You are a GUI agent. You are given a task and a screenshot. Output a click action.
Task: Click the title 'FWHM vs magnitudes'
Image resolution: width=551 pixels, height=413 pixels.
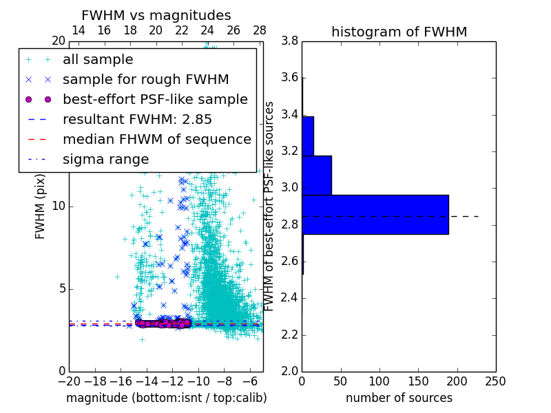coord(156,15)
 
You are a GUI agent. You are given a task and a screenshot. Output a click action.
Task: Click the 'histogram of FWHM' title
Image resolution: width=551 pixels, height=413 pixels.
coord(399,32)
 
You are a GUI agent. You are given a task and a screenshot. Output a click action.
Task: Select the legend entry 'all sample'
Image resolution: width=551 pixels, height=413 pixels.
coord(98,60)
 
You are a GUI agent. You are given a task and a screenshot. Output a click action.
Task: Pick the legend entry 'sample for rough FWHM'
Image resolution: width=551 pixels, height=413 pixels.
coord(145,80)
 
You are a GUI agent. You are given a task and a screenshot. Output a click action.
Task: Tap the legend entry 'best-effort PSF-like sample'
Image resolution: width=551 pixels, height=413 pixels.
coord(155,100)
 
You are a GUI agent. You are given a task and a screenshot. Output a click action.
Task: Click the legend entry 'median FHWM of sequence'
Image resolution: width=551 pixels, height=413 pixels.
coord(156,140)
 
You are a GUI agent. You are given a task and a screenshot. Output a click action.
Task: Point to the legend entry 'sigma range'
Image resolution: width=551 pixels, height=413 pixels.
coord(105,160)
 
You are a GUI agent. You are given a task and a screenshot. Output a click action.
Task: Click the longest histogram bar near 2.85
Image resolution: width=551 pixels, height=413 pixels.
coord(375,214)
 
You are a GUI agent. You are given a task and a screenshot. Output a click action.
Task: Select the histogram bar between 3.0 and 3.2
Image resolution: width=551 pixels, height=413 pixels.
coord(317,175)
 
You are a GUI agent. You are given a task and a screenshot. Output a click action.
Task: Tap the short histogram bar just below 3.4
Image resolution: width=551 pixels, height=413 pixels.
coord(308,136)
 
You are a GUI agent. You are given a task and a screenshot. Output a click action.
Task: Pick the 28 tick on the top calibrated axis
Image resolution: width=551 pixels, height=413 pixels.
coord(260,30)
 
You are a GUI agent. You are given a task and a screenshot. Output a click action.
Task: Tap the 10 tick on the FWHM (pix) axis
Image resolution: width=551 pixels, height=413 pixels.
coord(59,206)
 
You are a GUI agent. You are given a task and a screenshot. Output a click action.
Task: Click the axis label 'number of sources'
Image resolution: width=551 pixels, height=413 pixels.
coord(399,398)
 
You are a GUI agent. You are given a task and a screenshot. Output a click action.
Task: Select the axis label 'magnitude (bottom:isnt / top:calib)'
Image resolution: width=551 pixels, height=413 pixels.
coord(166,398)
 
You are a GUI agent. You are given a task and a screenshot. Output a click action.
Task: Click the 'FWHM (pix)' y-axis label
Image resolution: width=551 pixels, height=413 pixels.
coord(41,206)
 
